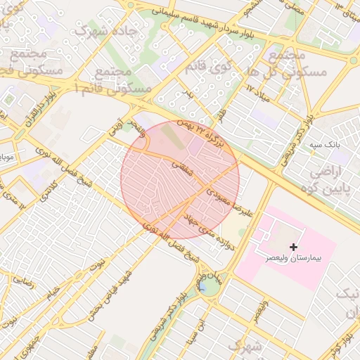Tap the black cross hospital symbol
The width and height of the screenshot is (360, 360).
(x=293, y=247)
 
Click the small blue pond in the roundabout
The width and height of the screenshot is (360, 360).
(x=202, y=287)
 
